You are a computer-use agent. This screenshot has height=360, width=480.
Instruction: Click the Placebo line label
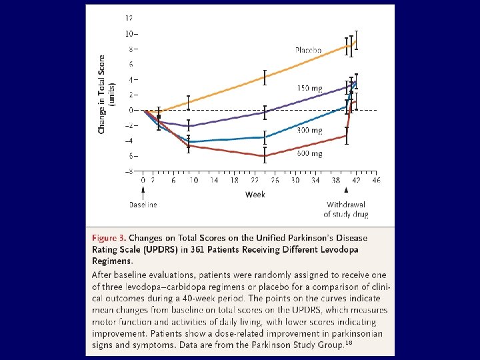click(x=308, y=50)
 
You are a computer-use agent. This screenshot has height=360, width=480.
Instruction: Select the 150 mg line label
click(x=310, y=88)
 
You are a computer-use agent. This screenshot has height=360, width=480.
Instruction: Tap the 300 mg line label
click(x=309, y=131)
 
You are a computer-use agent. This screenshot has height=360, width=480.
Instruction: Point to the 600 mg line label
click(x=309, y=154)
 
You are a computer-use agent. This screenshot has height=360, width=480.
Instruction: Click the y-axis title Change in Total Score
click(x=102, y=93)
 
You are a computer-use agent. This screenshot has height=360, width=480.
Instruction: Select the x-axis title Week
click(x=255, y=195)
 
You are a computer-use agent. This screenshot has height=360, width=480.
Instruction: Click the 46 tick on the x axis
click(x=376, y=180)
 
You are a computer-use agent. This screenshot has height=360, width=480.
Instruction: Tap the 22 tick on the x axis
click(x=255, y=180)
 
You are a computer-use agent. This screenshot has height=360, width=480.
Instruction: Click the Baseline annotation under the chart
click(x=143, y=205)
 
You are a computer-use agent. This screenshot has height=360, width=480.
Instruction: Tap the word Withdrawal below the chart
click(x=346, y=205)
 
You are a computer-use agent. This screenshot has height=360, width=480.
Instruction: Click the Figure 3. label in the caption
click(x=108, y=238)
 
